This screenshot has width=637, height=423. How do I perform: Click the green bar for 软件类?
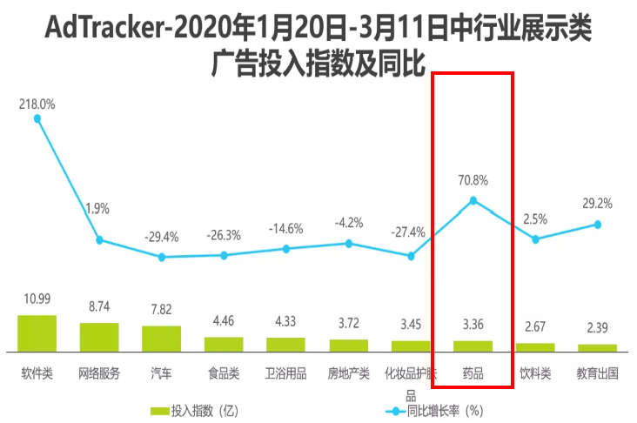(37, 333)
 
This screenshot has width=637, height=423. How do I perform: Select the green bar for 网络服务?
(99, 337)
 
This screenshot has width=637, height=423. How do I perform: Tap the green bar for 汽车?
(162, 339)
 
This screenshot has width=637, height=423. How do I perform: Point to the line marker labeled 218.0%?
(37, 118)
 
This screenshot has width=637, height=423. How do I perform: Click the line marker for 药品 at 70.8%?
(473, 201)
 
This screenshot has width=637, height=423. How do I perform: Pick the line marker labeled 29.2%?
(598, 224)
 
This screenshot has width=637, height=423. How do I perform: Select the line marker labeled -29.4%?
(162, 257)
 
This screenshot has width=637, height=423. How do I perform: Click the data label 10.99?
(37, 299)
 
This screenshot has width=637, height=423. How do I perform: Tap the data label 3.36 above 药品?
(473, 326)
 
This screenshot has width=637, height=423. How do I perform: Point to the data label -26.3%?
(224, 234)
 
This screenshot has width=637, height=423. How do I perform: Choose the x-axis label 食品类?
(224, 374)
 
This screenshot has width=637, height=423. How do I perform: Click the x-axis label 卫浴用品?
(286, 374)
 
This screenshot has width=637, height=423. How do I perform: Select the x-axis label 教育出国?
(598, 374)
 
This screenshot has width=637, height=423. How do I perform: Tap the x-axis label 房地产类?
(349, 374)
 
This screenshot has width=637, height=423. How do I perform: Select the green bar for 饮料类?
(535, 347)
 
